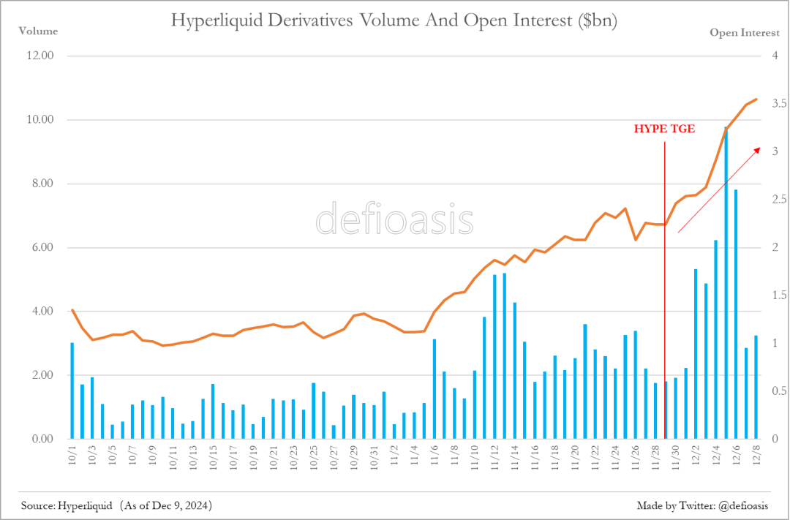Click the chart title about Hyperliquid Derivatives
394,20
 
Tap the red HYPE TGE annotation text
664,129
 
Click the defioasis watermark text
394,219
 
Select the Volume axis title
37,31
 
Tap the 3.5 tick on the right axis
778,104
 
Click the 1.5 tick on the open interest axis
778,295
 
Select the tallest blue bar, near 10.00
726,285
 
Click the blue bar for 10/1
72,391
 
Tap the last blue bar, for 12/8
756,387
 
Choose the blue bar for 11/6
434,388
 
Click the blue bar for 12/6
736,314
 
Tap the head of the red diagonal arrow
758,146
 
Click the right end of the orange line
757,99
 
